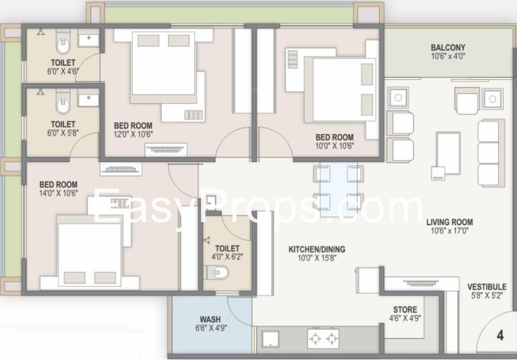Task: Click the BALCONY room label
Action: pyautogui.click(x=448, y=47)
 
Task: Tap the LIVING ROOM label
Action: pyautogui.click(x=449, y=222)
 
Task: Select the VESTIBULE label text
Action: pyautogui.click(x=487, y=287)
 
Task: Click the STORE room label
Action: pyautogui.click(x=405, y=310)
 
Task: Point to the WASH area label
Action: pyautogui.click(x=210, y=319)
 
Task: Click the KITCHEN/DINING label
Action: pyautogui.click(x=317, y=249)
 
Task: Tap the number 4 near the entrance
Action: pyautogui.click(x=500, y=335)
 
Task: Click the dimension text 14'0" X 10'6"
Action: pyautogui.click(x=59, y=193)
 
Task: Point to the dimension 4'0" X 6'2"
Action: pyautogui.click(x=227, y=257)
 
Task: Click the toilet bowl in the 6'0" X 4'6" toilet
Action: pyautogui.click(x=63, y=43)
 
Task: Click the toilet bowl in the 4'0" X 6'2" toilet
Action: pyautogui.click(x=217, y=272)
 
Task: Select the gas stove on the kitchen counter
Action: pyautogui.click(x=323, y=339)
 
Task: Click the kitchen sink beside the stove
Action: pyautogui.click(x=270, y=339)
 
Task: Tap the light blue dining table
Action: pyautogui.click(x=339, y=189)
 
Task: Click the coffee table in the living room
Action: pyautogui.click(x=448, y=153)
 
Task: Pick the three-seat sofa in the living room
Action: pyautogui.click(x=491, y=153)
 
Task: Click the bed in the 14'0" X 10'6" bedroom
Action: pyautogui.click(x=90, y=251)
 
